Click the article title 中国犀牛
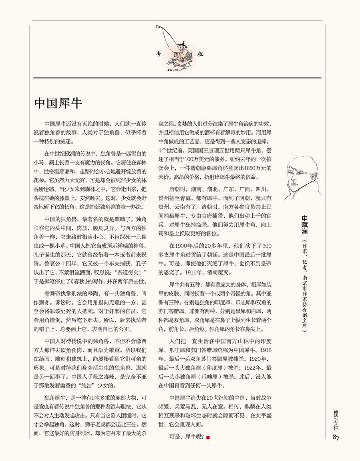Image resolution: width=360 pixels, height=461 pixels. tap(58, 103)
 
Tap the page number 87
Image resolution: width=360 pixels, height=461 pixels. tap(336, 437)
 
